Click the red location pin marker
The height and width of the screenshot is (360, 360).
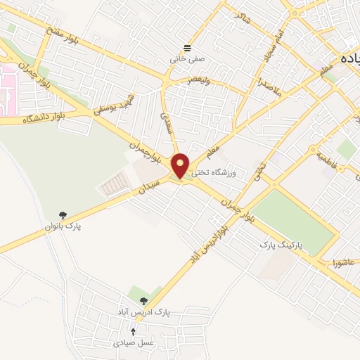pyautogui.click(x=181, y=165)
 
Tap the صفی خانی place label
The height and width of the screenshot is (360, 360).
pyautogui.click(x=185, y=60)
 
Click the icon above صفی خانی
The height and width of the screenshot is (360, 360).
pyautogui.click(x=187, y=48)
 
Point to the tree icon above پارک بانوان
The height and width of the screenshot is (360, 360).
pyautogui.click(x=63, y=215)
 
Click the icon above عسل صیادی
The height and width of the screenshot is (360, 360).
pyautogui.click(x=134, y=330)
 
